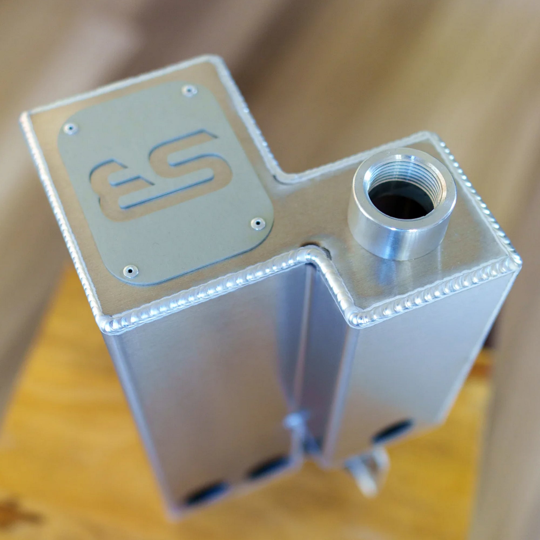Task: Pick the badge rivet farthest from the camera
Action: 190,90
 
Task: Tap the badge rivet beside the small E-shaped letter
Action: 70,128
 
